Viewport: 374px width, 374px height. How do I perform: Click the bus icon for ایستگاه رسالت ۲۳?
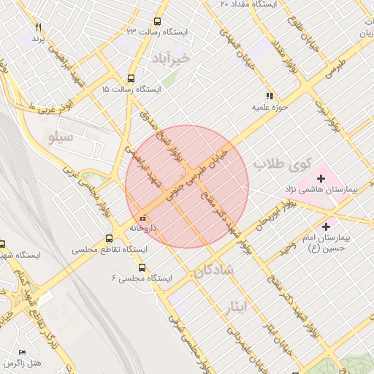157,22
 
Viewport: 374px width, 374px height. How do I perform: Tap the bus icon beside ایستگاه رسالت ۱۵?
131,78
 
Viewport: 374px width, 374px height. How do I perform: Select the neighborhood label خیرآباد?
171,57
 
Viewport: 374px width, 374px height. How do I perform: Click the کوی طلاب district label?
283,164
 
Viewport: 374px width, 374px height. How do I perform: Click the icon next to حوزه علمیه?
270,96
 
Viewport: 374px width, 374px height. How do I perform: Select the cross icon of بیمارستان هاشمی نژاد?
320,178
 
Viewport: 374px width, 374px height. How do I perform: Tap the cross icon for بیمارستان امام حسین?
326,228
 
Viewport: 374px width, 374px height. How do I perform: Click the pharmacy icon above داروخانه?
142,218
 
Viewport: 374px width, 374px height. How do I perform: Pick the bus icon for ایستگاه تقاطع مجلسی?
110,238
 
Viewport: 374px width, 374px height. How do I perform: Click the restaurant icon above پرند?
38,27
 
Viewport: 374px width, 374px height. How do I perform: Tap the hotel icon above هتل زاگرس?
21,352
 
